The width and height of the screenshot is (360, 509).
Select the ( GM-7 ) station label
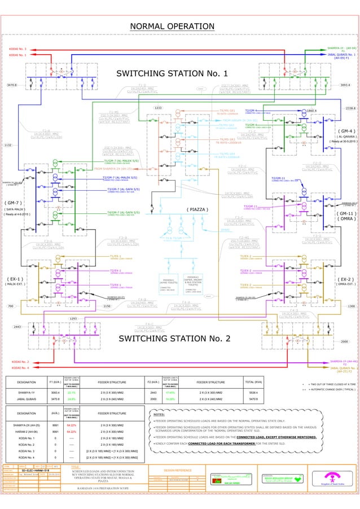tap(14, 201)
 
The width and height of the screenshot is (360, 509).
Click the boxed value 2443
tap(17, 327)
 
